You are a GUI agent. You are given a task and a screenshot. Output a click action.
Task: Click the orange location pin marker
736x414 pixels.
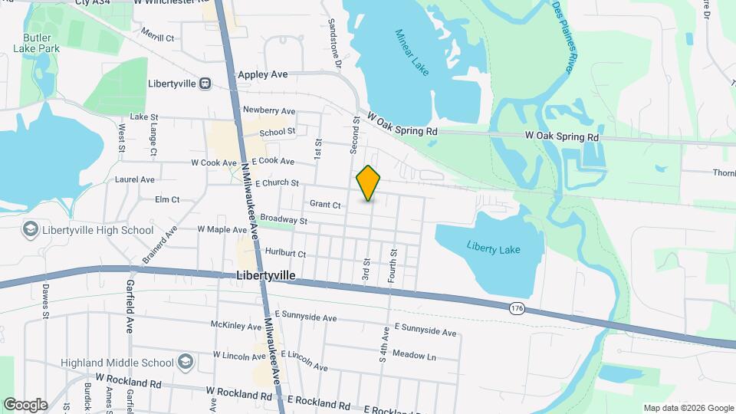369,183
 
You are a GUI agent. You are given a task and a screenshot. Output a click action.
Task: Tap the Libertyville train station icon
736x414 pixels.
205,83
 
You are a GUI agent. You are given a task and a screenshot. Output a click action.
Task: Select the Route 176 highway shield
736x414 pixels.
514,307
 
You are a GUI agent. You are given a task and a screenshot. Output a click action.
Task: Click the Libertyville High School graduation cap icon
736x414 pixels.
30,229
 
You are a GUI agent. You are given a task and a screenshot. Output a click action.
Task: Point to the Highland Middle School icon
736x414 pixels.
185,362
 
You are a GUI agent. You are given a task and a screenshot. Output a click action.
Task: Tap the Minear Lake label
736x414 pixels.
412,52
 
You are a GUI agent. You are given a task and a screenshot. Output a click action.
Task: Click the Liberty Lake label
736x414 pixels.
488,246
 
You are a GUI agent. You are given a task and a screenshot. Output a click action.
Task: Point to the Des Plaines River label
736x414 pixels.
563,38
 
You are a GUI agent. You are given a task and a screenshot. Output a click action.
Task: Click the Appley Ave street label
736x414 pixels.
262,74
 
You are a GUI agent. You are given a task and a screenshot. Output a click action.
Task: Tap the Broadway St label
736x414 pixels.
283,220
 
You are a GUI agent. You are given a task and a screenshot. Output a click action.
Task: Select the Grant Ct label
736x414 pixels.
325,204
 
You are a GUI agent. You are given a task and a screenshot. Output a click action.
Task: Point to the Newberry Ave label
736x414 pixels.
268,110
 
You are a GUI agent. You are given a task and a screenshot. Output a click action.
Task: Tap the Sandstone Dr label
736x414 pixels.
334,38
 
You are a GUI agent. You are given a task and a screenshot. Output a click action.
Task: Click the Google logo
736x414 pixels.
25,404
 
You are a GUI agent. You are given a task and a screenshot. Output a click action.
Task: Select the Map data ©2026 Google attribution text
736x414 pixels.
688,408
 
